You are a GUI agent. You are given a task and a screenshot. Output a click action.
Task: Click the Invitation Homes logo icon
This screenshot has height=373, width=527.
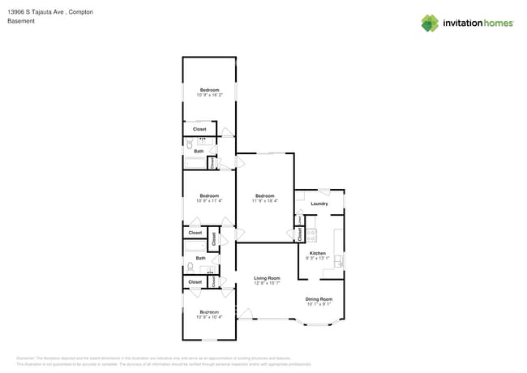point(429,24)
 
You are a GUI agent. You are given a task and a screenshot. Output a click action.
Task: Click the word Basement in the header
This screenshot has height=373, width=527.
point(21,21)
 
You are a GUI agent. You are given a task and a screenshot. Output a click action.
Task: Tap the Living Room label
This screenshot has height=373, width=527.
point(267,278)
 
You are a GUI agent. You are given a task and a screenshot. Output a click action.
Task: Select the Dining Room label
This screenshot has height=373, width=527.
point(319,299)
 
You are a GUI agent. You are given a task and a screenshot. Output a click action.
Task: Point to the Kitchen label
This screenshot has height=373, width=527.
point(318,253)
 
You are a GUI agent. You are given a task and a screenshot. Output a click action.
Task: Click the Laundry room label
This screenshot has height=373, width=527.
point(319,204)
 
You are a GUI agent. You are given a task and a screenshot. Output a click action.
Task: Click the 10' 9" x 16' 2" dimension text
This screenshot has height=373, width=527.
point(209,95)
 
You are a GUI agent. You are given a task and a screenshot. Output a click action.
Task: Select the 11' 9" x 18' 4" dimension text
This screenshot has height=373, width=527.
point(265,201)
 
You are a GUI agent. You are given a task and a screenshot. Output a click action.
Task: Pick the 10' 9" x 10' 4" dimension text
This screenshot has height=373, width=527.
point(209,317)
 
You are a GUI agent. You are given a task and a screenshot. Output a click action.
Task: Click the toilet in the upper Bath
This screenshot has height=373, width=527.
point(188,143)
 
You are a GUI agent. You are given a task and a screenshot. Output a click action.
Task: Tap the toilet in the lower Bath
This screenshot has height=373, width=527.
point(191,267)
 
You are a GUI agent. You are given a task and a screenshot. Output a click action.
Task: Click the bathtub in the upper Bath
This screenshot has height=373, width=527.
point(195,163)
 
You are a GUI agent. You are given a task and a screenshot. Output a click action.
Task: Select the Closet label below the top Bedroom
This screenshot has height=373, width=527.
point(199,129)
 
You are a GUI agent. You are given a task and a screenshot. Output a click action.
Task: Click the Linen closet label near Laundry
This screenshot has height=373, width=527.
point(299,220)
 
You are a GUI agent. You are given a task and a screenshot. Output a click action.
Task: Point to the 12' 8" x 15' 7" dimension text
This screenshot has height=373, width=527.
point(267,283)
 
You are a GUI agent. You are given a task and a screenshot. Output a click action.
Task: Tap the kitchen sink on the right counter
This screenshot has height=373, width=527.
point(338,260)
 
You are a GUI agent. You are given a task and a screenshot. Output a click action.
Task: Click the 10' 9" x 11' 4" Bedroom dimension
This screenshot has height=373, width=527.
point(209,200)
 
